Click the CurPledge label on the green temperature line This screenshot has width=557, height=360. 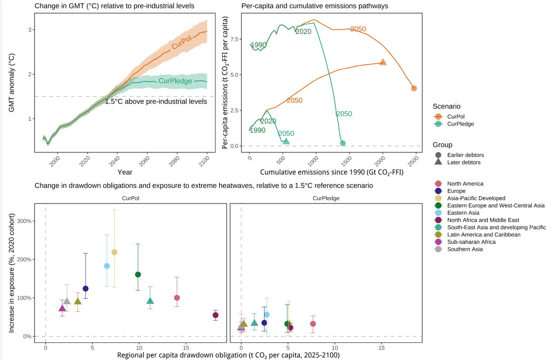(175, 81)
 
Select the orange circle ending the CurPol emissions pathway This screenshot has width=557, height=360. (414, 88)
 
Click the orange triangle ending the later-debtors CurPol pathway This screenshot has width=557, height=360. (383, 62)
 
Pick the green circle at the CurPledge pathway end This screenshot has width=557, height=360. (343, 143)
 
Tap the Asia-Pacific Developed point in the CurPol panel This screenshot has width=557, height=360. (115, 252)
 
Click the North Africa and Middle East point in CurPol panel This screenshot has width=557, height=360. (215, 315)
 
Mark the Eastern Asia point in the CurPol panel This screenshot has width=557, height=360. (107, 266)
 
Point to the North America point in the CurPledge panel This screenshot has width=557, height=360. (313, 324)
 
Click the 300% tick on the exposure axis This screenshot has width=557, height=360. (24, 221)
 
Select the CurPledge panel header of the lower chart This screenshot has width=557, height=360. (326, 198)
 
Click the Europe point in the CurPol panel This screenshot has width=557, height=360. (85, 289)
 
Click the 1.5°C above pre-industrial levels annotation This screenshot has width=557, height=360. (156, 102)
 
